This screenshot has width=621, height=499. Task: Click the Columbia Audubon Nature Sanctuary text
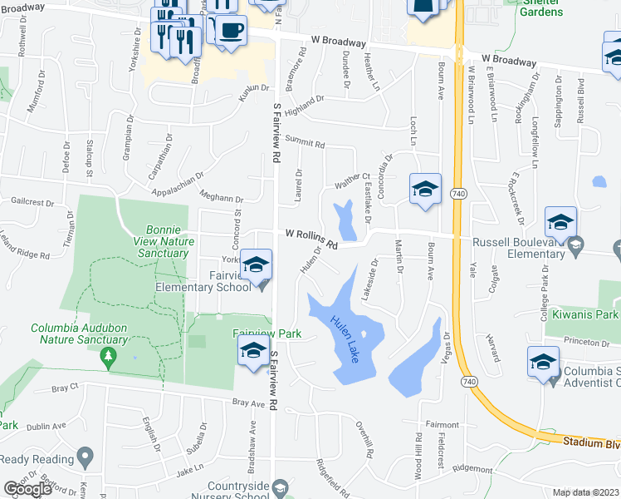tap(80, 333)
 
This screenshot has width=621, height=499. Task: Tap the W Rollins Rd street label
tap(312, 239)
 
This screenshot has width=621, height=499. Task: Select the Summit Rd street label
tap(305, 142)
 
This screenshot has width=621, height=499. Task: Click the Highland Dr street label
tap(303, 105)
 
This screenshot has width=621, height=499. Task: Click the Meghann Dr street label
tap(222, 198)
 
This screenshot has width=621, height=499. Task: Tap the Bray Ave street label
tap(247, 403)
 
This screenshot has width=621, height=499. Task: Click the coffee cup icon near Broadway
tap(232, 31)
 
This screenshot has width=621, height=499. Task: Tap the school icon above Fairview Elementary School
tap(257, 264)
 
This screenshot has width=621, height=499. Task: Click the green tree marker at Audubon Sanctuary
tap(107, 356)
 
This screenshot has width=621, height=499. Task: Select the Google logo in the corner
tap(27, 489)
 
